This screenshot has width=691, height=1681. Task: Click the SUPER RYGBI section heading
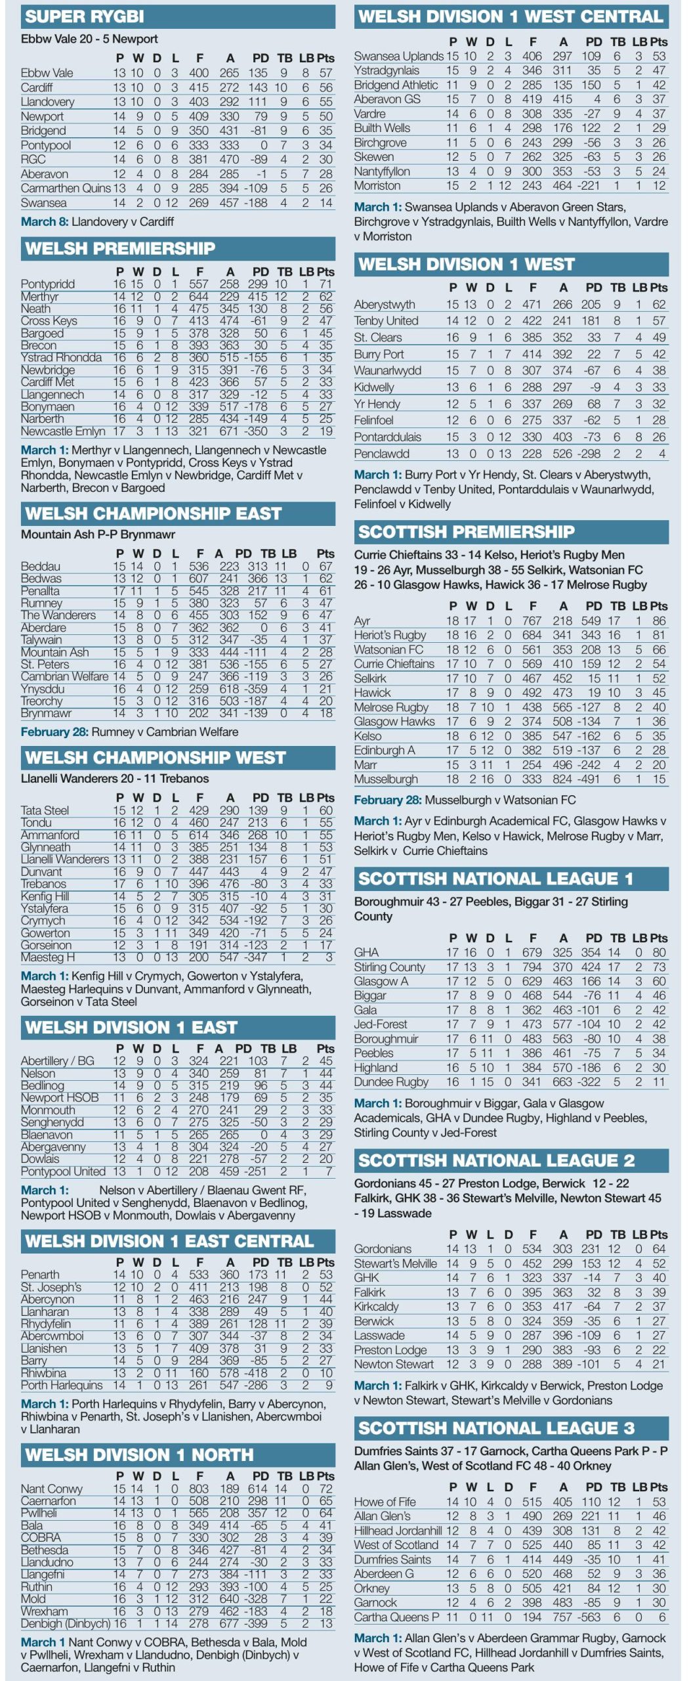pos(85,16)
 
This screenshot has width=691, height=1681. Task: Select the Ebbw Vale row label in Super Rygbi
pos(47,73)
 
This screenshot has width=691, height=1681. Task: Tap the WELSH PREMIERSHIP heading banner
pos(120,248)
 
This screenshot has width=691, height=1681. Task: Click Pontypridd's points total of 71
pos(325,284)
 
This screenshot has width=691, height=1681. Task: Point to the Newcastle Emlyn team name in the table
pos(63,431)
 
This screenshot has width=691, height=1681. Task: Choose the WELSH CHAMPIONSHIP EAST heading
pos(154,513)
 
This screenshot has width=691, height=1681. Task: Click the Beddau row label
pos(41,566)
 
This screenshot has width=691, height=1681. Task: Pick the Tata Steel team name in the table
pos(45,810)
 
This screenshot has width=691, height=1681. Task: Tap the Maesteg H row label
pos(48,957)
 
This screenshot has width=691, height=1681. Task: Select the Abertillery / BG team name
pos(58,1060)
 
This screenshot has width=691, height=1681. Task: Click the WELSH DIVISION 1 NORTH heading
pos(139,1455)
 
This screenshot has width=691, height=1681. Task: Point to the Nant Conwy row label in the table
pos(52,1489)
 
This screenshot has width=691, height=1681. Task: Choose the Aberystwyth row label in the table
pos(385,305)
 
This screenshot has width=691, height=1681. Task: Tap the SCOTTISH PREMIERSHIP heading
pos(466,532)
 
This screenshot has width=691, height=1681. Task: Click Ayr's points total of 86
pos(659,621)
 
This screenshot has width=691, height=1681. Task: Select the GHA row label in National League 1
pos(366,952)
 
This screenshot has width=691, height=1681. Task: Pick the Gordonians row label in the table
pos(383,1249)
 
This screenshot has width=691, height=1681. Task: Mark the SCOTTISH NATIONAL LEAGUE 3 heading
pos(496,1428)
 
